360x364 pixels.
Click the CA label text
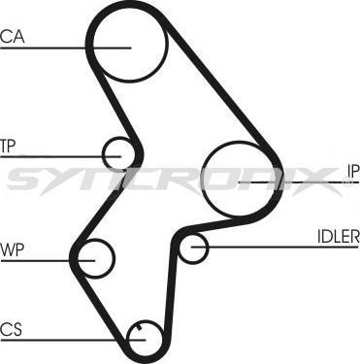pos(13,37)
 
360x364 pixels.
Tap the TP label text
pos(9,147)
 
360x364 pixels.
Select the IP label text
pos(352,171)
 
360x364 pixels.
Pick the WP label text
pos(13,249)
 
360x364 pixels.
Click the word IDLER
pos(337,236)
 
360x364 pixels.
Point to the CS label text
pos(12,327)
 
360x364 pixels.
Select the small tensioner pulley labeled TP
pos(119,153)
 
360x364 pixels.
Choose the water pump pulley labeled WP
pos(94,257)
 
